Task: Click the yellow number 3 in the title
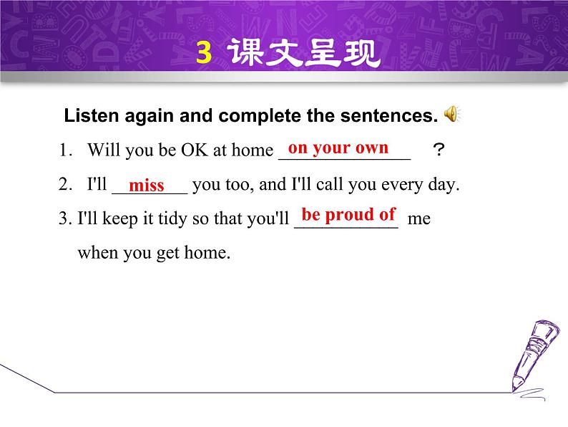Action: pyautogui.click(x=204, y=54)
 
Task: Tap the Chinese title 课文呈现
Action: pyautogui.click(x=305, y=54)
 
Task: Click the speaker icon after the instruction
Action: pyautogui.click(x=452, y=115)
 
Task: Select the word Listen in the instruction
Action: pyautogui.click(x=86, y=116)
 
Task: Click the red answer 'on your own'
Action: pyautogui.click(x=338, y=148)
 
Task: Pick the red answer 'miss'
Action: pyautogui.click(x=147, y=186)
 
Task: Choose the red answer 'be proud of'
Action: pyautogui.click(x=348, y=214)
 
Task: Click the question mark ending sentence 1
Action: pyautogui.click(x=439, y=150)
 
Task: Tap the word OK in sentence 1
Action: pyautogui.click(x=194, y=150)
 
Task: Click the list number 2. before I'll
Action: pyautogui.click(x=66, y=185)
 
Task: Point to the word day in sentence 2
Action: pyautogui.click(x=443, y=185)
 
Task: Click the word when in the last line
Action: pyautogui.click(x=96, y=252)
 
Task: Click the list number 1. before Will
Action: pyautogui.click(x=66, y=150)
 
